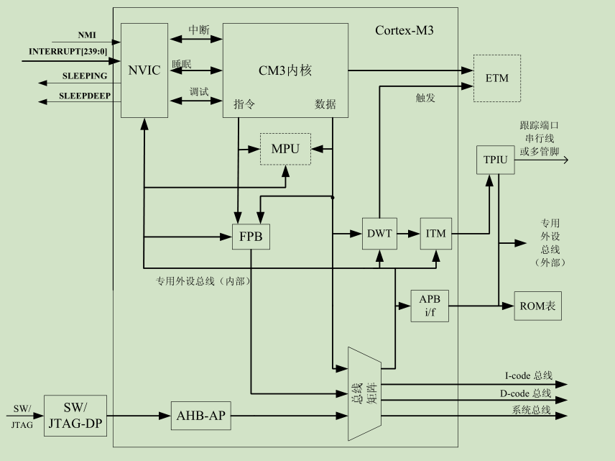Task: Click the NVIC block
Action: click(x=144, y=70)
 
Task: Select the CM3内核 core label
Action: click(x=285, y=70)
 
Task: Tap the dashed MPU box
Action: click(x=285, y=149)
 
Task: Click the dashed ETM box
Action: click(x=496, y=78)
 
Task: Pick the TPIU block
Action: click(x=495, y=160)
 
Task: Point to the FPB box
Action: click(x=251, y=237)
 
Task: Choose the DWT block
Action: click(x=379, y=234)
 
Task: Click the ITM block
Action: click(x=436, y=234)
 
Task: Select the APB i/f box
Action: click(x=430, y=306)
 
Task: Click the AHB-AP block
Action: click(x=202, y=415)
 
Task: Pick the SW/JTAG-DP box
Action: click(x=75, y=415)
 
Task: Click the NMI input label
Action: click(x=87, y=35)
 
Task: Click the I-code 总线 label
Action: click(x=528, y=375)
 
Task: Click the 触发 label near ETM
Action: click(x=426, y=98)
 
